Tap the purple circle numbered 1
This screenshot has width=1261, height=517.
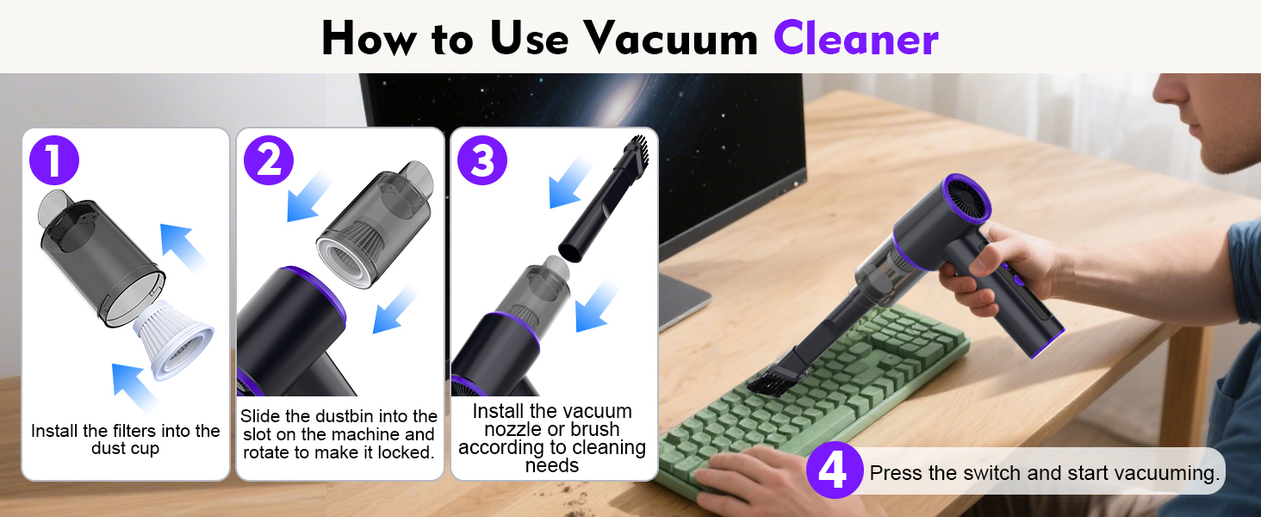click(x=54, y=161)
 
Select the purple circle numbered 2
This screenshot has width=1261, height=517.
click(x=269, y=161)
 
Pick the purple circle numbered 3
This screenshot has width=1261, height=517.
click(x=482, y=161)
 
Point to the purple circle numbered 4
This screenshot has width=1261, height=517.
click(x=834, y=470)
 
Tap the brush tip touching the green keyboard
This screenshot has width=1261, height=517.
click(x=765, y=381)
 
